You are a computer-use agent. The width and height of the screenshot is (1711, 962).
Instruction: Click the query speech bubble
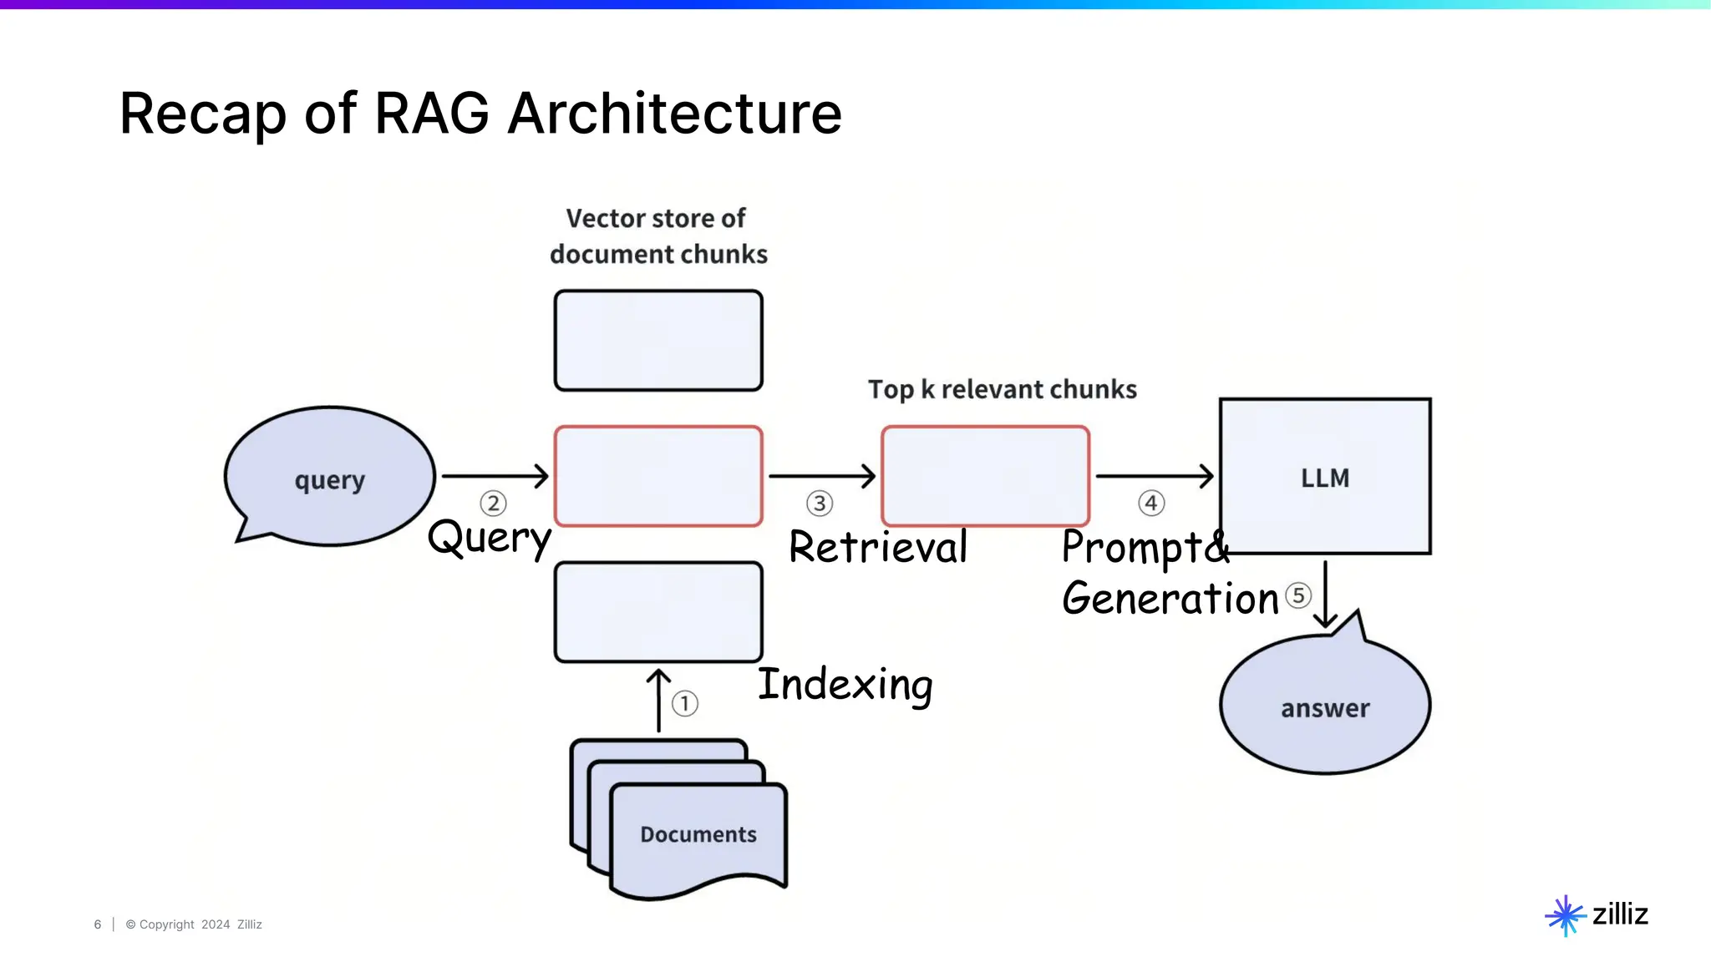point(330,477)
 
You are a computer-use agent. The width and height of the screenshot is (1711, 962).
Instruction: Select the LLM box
point(1325,476)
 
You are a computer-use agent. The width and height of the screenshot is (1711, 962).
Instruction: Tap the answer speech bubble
point(1325,706)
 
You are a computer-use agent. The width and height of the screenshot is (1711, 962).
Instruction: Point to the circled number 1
point(685,703)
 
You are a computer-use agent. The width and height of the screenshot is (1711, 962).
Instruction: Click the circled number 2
point(493,504)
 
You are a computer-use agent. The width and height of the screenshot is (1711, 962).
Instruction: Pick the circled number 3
point(820,504)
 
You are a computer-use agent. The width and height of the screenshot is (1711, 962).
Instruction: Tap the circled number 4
point(1151,504)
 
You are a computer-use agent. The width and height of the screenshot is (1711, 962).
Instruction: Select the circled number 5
point(1297,595)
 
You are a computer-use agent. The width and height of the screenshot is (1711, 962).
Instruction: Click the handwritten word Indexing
point(845,685)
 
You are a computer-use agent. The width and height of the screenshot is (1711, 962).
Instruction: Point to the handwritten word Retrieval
point(878,548)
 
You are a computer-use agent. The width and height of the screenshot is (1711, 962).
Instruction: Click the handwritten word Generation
point(1170,599)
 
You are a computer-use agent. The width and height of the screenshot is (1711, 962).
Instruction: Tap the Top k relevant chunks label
point(1002,389)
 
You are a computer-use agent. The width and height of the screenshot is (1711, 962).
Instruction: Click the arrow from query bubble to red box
point(495,476)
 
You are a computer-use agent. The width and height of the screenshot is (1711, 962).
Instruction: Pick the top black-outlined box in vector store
point(658,340)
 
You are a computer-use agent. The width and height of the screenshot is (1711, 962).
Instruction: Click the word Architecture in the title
point(674,114)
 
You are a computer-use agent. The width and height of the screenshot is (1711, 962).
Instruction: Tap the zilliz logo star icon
point(1565,915)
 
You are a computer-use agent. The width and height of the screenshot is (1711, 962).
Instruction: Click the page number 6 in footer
point(98,924)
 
